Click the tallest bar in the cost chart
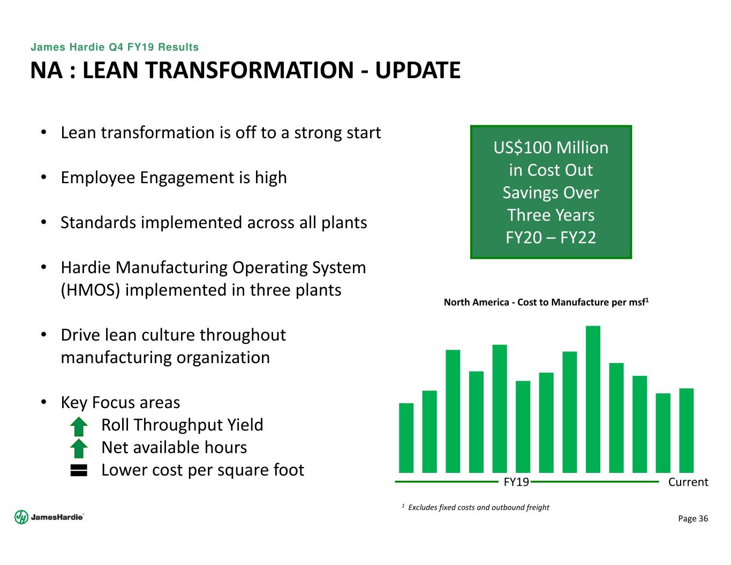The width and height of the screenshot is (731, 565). point(593,399)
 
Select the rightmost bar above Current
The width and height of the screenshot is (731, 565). point(686,430)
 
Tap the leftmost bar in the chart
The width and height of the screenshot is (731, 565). point(406,438)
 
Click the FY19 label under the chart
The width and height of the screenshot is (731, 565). point(516,482)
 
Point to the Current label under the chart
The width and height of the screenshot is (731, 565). point(688,482)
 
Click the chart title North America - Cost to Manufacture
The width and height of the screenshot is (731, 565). point(546,302)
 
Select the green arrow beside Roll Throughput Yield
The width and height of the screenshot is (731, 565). point(79,426)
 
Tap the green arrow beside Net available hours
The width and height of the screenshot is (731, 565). point(79,448)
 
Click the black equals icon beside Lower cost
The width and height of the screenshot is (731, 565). point(79,471)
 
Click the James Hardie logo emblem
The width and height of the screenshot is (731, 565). point(21,517)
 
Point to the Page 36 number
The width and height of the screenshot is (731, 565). point(693,518)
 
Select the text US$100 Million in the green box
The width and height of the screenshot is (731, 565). point(551,148)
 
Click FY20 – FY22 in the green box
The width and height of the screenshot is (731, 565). point(551,237)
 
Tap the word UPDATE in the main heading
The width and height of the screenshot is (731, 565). point(418,70)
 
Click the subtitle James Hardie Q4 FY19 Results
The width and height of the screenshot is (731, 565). point(115,47)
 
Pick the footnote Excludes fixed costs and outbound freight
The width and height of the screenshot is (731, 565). point(478,507)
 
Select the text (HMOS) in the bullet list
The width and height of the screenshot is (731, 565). point(90,290)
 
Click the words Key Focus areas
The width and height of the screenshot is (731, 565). point(120,403)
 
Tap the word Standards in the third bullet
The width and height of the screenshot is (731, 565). point(98,223)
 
